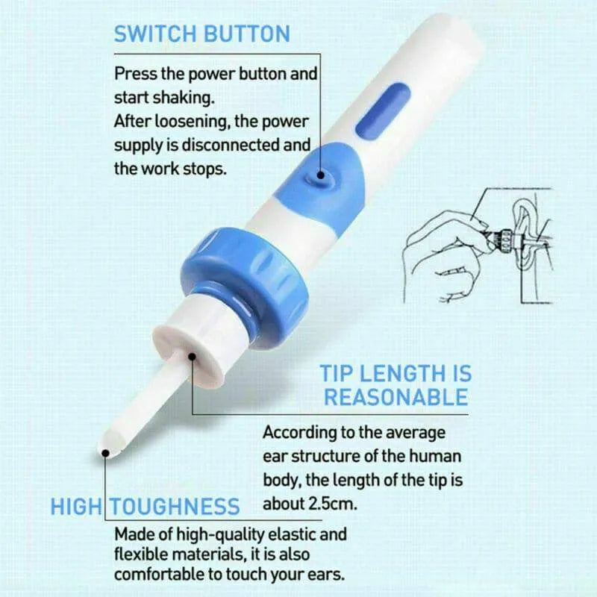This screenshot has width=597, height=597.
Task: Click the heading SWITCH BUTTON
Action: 201,34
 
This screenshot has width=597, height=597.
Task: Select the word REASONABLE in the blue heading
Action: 396,396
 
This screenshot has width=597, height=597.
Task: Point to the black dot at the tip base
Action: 192,357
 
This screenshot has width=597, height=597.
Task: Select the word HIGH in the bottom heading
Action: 75,507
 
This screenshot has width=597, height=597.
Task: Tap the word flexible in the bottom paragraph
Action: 142,555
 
